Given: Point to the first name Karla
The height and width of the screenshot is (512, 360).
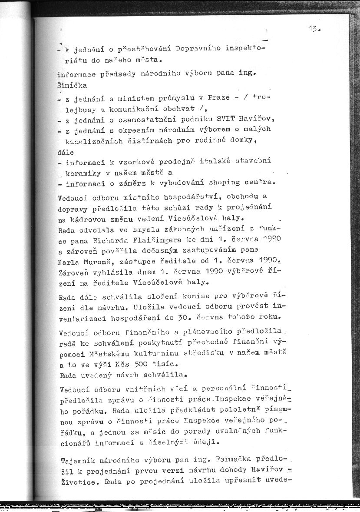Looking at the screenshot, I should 69,262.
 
